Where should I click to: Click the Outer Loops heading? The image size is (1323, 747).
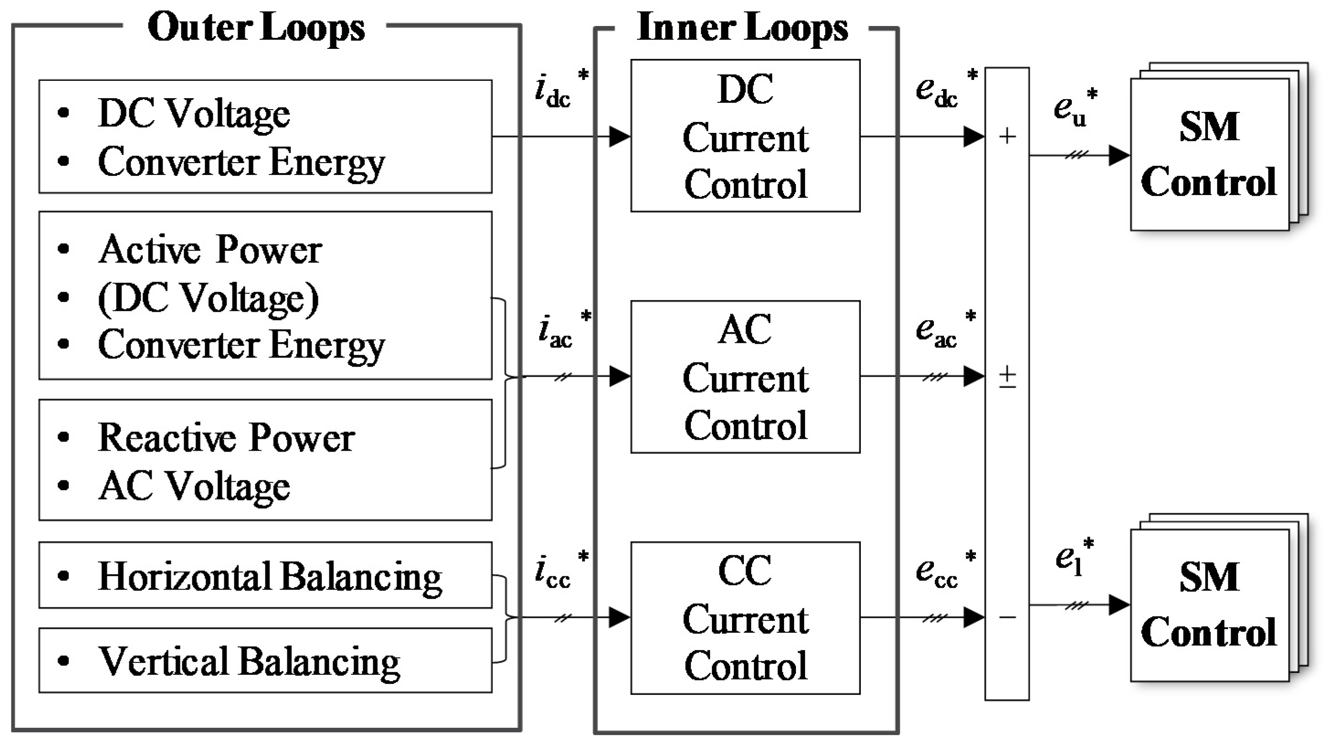click(x=256, y=28)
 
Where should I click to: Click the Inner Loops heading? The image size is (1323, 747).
click(x=742, y=28)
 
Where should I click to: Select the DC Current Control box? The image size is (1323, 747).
click(x=745, y=136)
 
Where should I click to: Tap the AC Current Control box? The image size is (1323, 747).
click(x=745, y=377)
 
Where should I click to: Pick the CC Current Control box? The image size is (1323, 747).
click(x=745, y=618)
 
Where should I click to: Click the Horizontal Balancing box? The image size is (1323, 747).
click(x=265, y=575)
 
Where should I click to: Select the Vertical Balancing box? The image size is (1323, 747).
click(x=265, y=660)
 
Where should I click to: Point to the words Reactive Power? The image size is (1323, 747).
click(x=226, y=438)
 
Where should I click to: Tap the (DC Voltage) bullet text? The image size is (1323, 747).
click(x=208, y=298)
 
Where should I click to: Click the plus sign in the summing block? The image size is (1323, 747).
click(x=1007, y=136)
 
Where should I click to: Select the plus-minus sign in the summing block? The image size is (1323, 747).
click(x=1007, y=377)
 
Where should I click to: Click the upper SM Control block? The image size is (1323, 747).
click(x=1209, y=154)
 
